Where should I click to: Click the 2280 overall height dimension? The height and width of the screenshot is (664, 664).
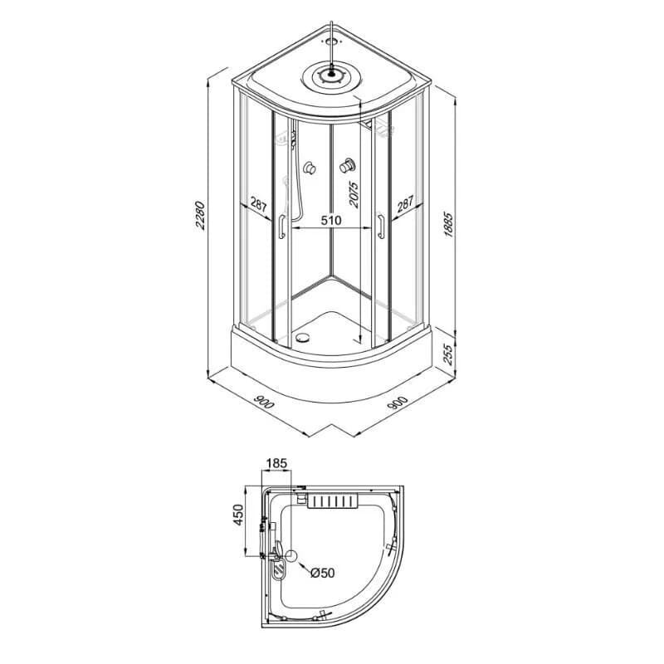click(x=200, y=216)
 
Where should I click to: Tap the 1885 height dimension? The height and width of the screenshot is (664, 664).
click(x=449, y=224)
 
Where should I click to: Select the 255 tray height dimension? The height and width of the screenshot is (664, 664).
click(x=447, y=355)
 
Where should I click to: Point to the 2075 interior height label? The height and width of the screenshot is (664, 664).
click(x=354, y=194)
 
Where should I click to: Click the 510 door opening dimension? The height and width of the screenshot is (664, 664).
click(x=330, y=220)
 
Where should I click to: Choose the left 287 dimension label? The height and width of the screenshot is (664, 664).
click(x=258, y=204)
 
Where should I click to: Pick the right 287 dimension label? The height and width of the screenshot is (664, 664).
click(x=405, y=204)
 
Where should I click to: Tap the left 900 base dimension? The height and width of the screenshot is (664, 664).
click(x=263, y=402)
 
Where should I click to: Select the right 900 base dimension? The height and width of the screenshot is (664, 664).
click(x=398, y=403)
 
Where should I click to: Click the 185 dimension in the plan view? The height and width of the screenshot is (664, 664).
click(x=276, y=463)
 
